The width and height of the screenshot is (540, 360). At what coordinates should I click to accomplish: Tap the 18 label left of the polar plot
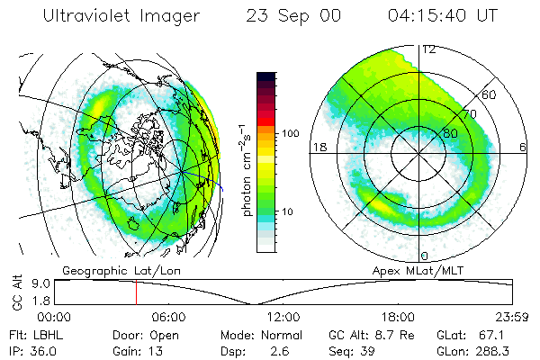click(318, 146)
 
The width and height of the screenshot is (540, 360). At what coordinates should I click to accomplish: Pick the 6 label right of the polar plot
click(525, 146)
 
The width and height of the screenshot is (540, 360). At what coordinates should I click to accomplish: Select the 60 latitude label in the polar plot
click(490, 94)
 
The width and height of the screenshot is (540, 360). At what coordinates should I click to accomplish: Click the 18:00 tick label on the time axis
click(398, 317)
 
